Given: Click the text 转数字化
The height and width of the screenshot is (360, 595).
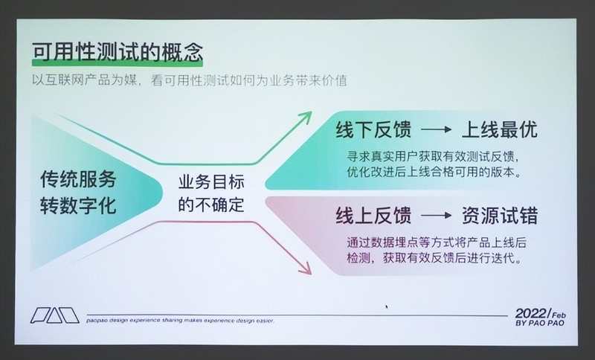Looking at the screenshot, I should [79, 205].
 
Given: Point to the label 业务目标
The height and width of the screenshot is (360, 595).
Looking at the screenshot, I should [212, 181].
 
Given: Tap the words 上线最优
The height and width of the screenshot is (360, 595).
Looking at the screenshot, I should [500, 129].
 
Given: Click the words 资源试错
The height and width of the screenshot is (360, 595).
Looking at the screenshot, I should [500, 216].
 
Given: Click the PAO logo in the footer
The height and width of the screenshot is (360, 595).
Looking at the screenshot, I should [54, 315].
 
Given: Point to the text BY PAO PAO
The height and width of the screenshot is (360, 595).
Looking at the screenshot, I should [539, 325].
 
